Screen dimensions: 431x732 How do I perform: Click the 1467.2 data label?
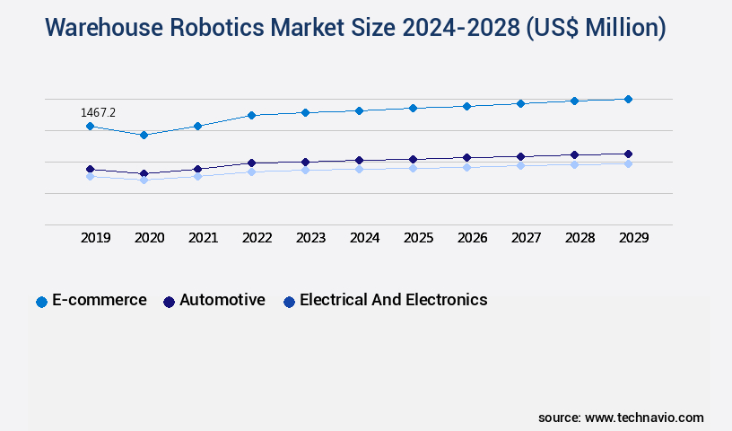pos(98,112)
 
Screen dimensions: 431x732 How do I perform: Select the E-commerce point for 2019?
pos(90,127)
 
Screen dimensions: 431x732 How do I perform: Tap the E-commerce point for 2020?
pos(144,135)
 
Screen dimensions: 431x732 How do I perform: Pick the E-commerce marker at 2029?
pos(628,99)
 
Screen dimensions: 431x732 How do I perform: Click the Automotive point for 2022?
pos(251,163)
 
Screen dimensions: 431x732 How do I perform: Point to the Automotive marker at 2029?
pos(628,154)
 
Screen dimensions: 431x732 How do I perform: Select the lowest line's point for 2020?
pos(144,180)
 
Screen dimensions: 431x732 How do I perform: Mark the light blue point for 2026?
pos(466,167)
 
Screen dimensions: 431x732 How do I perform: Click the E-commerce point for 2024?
pos(359,110)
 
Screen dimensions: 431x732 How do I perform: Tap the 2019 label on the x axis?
pos(96,238)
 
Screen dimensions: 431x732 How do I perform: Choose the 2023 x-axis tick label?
pos(311,238)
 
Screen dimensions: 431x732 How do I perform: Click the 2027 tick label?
pos(527,238)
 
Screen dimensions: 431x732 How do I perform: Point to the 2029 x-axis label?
pos(633,238)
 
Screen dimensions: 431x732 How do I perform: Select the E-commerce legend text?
pos(100,300)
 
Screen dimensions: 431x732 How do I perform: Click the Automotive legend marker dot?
pos(169,302)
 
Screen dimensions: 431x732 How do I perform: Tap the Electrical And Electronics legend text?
pos(393,300)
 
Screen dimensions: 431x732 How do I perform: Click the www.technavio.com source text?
pos(644,418)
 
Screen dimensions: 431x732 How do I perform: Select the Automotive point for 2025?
pos(413,159)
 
